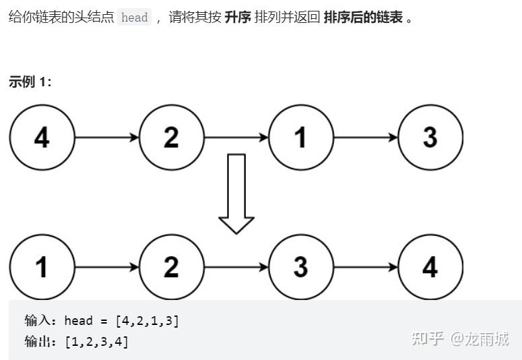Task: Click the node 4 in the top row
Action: [x=42, y=138]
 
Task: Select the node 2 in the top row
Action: [x=171, y=138]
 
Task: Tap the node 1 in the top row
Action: [x=300, y=138]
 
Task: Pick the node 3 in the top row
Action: [x=430, y=138]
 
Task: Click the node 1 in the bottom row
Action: [x=42, y=267]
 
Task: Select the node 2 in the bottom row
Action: [x=171, y=267]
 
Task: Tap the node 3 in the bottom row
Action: [x=300, y=267]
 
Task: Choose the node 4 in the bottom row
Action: [x=430, y=267]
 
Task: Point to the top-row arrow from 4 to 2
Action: [x=106, y=138]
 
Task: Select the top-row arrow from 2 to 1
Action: [x=236, y=138]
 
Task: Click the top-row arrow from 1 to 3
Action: [x=366, y=138]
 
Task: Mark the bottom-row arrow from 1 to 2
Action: [x=106, y=267]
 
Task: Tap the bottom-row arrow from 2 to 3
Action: [x=236, y=267]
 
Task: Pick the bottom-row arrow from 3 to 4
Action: [x=366, y=267]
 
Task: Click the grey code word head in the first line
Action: [x=134, y=18]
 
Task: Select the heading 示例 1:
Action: [x=30, y=82]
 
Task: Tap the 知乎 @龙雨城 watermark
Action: [x=460, y=338]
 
